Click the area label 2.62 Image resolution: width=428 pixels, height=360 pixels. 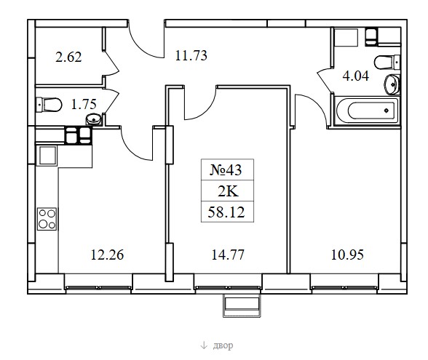click(68, 57)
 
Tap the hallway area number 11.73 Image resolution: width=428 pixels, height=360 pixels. click(191, 55)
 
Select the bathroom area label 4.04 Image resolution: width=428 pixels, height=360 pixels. click(356, 76)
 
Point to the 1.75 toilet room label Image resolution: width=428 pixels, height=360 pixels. click(84, 104)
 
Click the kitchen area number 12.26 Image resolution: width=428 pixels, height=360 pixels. click(107, 255)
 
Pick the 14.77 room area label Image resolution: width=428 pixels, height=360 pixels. click(228, 255)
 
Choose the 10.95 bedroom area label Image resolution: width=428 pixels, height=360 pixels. click(347, 255)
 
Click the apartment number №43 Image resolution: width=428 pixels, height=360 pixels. click(226, 170)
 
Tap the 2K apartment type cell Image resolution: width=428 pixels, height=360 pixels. click(228, 191)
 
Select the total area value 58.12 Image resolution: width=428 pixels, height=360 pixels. click(226, 212)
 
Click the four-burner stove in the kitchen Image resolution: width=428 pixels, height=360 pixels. click(47, 219)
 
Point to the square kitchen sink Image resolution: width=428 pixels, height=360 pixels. click(47, 156)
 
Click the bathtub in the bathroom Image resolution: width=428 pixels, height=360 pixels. click(368, 111)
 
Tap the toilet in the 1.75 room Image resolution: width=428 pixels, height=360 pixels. click(49, 105)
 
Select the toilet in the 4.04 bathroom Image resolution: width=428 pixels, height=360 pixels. click(387, 63)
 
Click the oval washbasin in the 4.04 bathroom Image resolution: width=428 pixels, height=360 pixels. click(392, 84)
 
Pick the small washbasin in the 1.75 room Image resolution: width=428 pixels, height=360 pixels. click(94, 119)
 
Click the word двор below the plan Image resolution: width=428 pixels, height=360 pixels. click(223, 345)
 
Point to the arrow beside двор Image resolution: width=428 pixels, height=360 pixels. click(204, 346)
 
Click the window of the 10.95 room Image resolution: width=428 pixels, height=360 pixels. click(344, 287)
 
